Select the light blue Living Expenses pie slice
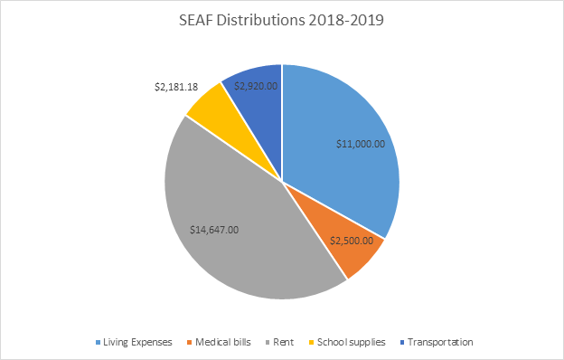pos(348,127)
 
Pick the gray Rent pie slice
pos(235,235)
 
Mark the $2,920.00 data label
pos(256,86)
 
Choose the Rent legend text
pos(284,342)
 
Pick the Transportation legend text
pos(440,342)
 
